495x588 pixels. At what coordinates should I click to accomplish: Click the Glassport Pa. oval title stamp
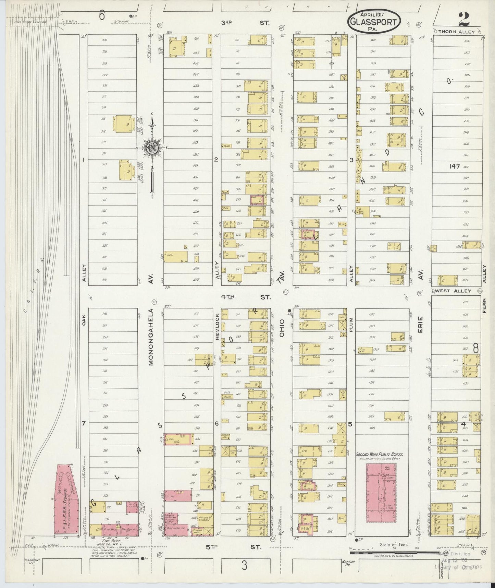click(374, 21)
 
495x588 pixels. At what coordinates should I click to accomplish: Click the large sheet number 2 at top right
click(463, 19)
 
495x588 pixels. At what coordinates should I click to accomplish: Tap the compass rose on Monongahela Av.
click(152, 148)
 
